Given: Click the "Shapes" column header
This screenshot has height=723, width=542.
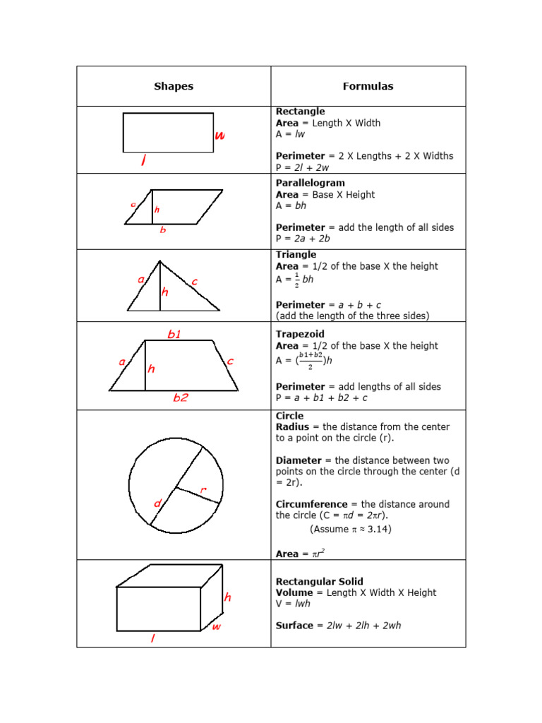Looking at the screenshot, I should point(174,87).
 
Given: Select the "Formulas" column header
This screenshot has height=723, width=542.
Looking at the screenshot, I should point(368,87).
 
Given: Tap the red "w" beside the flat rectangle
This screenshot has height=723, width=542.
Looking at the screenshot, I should point(220,136).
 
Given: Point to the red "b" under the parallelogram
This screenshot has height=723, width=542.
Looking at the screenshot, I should point(163,230).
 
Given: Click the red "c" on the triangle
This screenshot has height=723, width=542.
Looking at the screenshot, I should point(194,282).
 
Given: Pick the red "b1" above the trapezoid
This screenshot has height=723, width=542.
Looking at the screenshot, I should point(174,335).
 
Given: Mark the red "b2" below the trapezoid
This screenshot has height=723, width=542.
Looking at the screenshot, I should point(181,398).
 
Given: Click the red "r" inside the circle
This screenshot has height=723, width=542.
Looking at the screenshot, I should point(203,490).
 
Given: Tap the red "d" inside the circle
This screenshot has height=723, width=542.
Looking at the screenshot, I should point(157,503).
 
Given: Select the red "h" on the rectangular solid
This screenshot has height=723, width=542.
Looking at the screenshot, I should point(227,597).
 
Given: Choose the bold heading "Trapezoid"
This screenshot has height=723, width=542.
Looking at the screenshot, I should point(300,334).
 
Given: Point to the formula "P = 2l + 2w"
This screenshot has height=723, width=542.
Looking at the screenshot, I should point(302,167).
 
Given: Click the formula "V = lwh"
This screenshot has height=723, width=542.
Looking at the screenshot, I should point(293,604).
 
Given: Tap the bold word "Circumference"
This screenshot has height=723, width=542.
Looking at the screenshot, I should point(311,504).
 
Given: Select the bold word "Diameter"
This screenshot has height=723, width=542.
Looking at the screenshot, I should point(299,460).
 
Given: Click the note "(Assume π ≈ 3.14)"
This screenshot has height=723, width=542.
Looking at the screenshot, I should point(350,529).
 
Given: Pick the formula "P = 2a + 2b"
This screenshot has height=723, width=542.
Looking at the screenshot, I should point(303,239).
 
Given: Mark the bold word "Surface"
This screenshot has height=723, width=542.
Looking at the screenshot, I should point(294,626).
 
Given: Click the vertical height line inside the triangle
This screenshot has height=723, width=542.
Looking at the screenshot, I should point(160,289).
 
